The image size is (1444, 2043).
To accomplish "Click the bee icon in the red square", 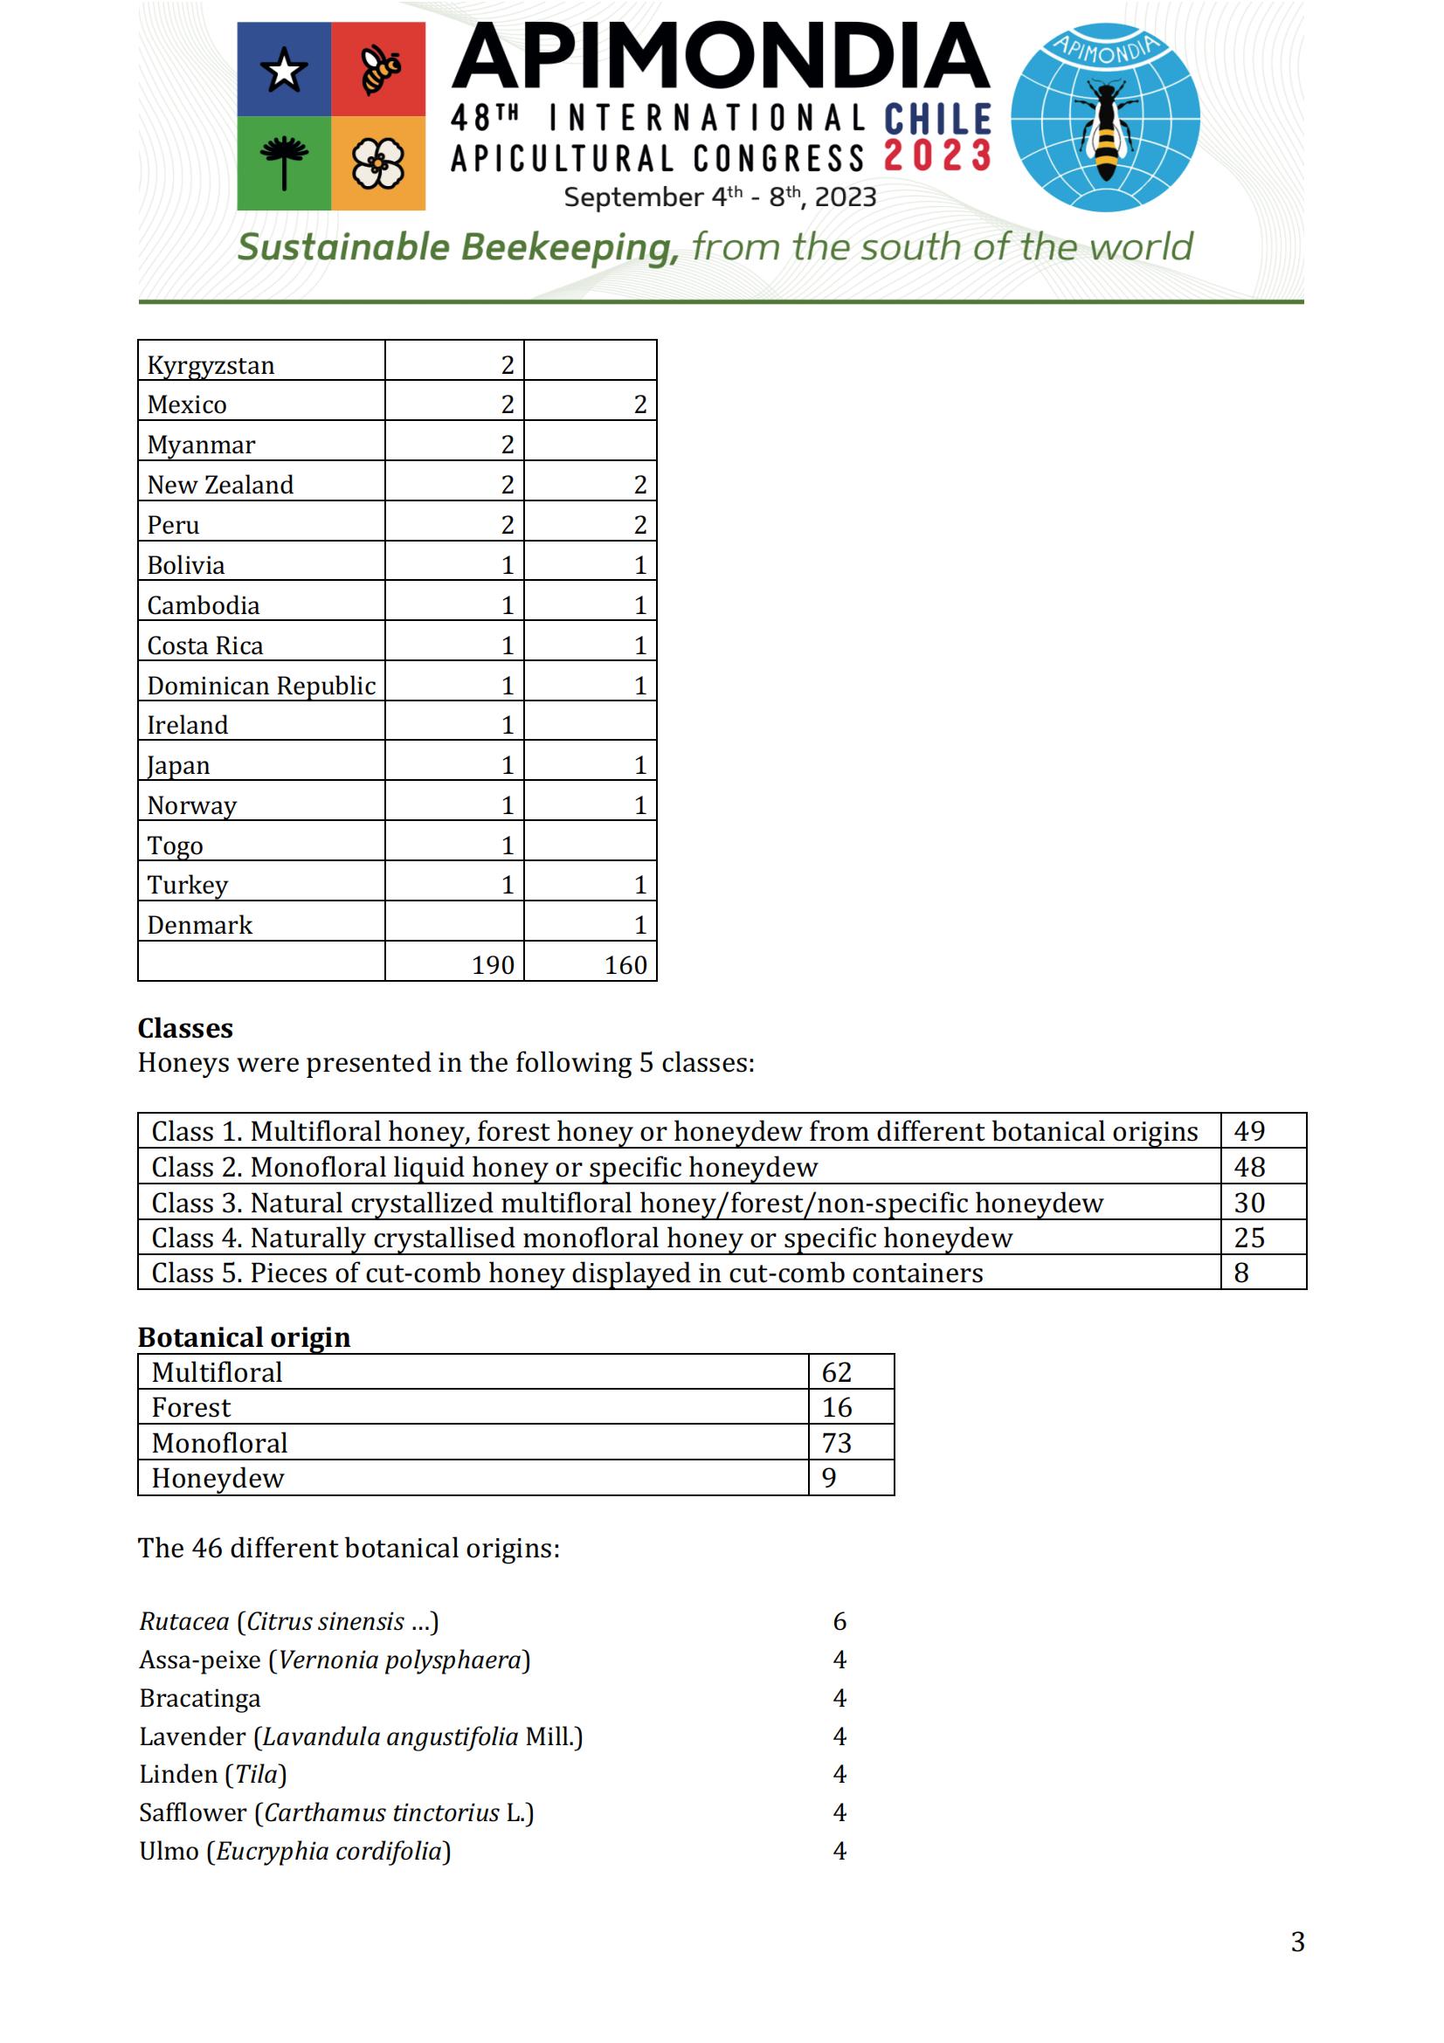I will pos(380,69).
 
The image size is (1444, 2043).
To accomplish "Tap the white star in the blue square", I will pos(283,69).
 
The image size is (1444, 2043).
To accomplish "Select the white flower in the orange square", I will pos(378,164).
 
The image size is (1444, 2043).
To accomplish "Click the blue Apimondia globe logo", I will pos(1105,117).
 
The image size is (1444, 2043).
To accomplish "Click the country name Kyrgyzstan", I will pos(211,365).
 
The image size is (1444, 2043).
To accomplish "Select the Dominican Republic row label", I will pos(261,685).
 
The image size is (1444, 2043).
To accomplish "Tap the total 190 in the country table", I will pos(493,964).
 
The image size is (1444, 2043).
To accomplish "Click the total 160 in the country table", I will pos(625,964).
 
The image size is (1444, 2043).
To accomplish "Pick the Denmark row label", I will pos(200,925).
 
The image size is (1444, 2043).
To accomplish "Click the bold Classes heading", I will pos(185,1029).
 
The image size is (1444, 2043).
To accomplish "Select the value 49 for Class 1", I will pos(1249,1131).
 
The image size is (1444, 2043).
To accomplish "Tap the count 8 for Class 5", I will pos(1241,1273).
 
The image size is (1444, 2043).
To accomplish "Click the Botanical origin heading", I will pos(244,1337).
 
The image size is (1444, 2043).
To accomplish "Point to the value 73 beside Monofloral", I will pos(836,1442).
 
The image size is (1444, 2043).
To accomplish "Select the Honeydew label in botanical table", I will pos(218,1478).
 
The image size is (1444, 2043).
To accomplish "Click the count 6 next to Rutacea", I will pos(839,1621).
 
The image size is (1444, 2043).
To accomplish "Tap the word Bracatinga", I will pos(200,1698).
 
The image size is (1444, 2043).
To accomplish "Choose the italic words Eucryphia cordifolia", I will pos(329,1851).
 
